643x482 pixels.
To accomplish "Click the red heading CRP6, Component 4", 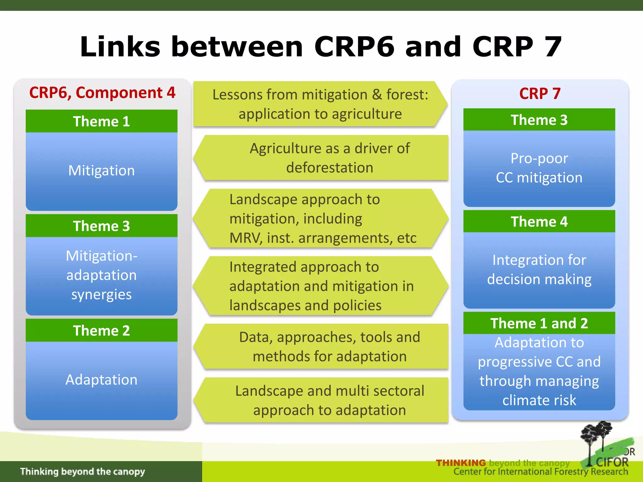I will (102, 93).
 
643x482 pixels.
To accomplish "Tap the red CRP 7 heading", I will (540, 94).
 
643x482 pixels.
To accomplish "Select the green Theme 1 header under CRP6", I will (101, 121).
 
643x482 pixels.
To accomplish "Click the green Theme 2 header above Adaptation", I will (101, 330).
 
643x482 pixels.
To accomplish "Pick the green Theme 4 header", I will (539, 222).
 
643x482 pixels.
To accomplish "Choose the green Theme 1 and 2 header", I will (539, 323).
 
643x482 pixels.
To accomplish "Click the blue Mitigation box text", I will (101, 170).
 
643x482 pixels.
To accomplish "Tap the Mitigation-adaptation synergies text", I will (101, 275).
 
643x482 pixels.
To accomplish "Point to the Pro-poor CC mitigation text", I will (539, 168).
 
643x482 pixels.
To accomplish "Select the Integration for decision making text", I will (539, 269).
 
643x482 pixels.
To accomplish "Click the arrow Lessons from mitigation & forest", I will (320, 104).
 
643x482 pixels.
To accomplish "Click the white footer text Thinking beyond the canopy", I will (83, 471).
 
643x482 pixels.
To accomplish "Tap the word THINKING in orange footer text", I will (461, 463).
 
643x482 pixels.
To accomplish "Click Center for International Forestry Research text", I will (540, 472).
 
